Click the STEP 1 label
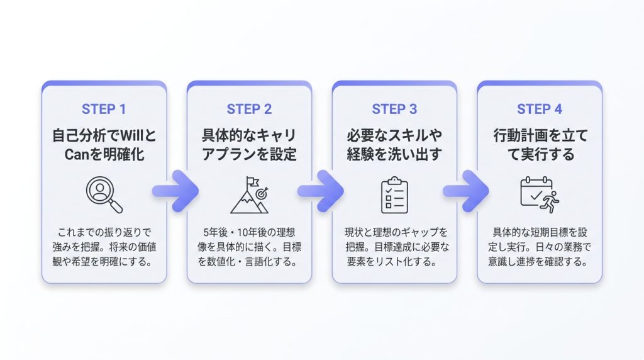104,109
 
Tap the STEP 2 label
249,109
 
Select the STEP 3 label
394,109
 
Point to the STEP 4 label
539,109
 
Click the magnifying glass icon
104,195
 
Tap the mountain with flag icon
249,195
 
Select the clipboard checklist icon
394,195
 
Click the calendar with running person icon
539,195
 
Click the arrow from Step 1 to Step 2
176,191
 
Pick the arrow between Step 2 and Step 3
321,191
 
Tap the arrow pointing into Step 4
466,191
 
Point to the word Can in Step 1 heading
77,155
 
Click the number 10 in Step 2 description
242,233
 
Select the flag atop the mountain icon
252,182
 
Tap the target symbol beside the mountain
262,193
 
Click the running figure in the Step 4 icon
551,202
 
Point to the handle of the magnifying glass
116,206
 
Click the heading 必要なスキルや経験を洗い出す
394,145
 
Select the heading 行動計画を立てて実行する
540,145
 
